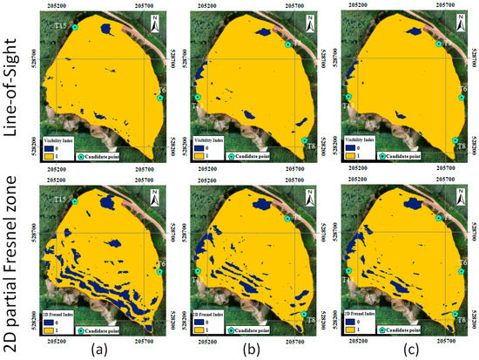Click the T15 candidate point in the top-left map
click(x=75, y=27)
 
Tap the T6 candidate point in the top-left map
click(x=159, y=98)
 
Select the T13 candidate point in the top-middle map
click(x=199, y=97)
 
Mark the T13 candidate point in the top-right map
click(x=348, y=97)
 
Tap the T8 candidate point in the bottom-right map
click(x=455, y=315)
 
